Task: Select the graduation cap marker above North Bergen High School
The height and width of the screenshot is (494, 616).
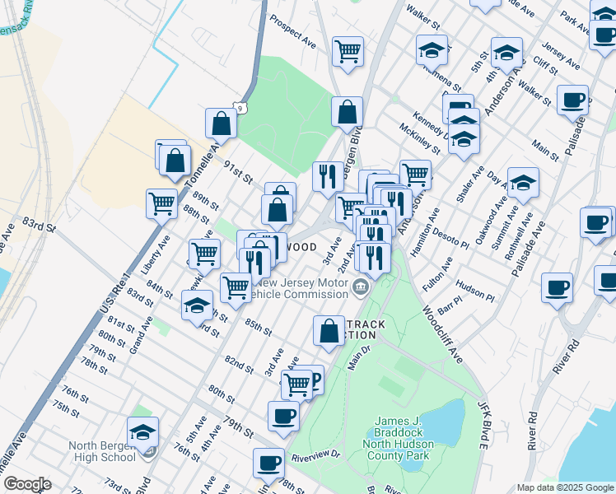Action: (x=142, y=431)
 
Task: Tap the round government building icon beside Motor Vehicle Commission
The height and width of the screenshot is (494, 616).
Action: (x=361, y=287)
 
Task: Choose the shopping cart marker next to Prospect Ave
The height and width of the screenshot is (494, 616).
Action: (x=348, y=51)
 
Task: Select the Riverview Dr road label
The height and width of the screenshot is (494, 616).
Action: (x=316, y=454)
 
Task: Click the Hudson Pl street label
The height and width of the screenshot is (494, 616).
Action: (x=474, y=296)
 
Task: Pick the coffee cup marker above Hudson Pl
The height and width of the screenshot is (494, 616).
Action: (x=557, y=288)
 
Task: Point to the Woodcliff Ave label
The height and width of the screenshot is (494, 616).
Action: (x=441, y=333)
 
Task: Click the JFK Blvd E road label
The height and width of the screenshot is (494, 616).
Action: (x=484, y=425)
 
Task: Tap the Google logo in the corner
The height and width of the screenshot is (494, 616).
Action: (x=27, y=484)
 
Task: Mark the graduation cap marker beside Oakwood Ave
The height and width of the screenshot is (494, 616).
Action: (x=523, y=184)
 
